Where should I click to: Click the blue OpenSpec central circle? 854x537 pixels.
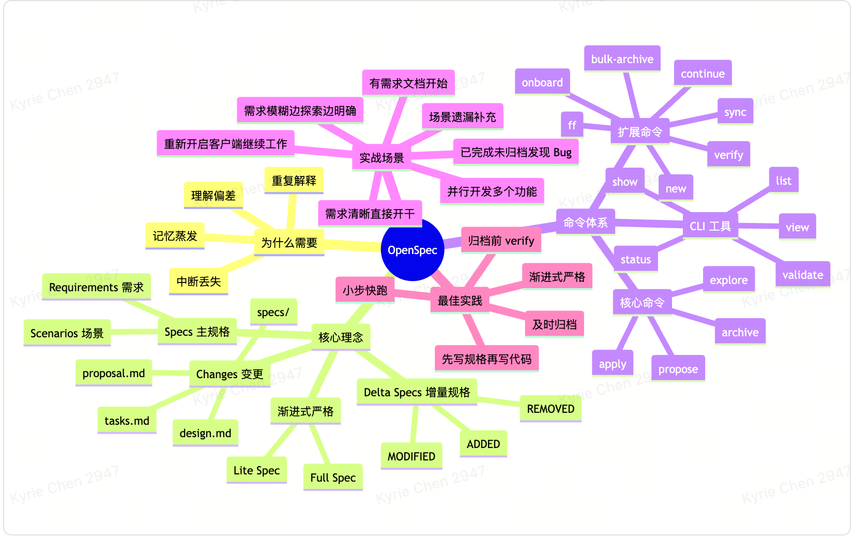pyautogui.click(x=412, y=250)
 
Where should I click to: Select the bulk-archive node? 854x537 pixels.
pyautogui.click(x=622, y=59)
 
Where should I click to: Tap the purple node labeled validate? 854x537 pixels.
pyautogui.click(x=802, y=275)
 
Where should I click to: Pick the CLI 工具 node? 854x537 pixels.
pyautogui.click(x=710, y=226)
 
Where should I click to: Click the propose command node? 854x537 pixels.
pyautogui.click(x=678, y=369)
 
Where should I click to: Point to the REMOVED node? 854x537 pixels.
pyautogui.click(x=551, y=409)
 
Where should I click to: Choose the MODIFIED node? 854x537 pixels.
pyautogui.click(x=411, y=456)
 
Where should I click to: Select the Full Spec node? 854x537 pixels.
pyautogui.click(x=333, y=478)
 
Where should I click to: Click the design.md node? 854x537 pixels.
pyautogui.click(x=205, y=433)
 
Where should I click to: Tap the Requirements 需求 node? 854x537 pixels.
pyautogui.click(x=96, y=287)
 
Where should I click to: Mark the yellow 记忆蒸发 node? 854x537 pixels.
pyautogui.click(x=175, y=236)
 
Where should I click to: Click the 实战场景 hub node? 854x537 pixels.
pyautogui.click(x=382, y=158)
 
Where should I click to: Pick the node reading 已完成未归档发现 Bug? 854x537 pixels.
pyautogui.click(x=516, y=152)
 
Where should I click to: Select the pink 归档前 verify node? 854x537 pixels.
pyautogui.click(x=501, y=241)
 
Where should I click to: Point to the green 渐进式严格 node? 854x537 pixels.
pyautogui.click(x=306, y=411)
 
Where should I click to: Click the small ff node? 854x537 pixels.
pyautogui.click(x=572, y=125)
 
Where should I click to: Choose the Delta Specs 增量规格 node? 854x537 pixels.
pyautogui.click(x=417, y=392)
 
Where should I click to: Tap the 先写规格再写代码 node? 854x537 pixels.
pyautogui.click(x=486, y=359)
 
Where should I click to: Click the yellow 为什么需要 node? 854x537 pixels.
pyautogui.click(x=289, y=243)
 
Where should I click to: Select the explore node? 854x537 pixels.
pyautogui.click(x=728, y=280)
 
